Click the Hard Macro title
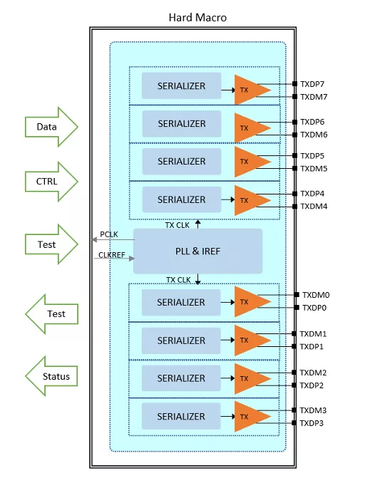pyautogui.click(x=197, y=18)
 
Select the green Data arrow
pyautogui.click(x=51, y=127)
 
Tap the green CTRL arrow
pyautogui.click(x=51, y=182)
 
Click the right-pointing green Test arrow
pyautogui.click(x=51, y=244)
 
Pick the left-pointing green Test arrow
pyautogui.click(x=51, y=314)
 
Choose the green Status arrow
pyautogui.click(x=51, y=376)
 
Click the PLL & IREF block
pyautogui.click(x=197, y=251)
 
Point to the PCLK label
pyautogui.click(x=109, y=234)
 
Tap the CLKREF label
pyautogui.click(x=112, y=255)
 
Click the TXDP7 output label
pyautogui.click(x=312, y=84)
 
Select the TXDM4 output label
pyautogui.click(x=314, y=207)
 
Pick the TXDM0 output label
pyautogui.click(x=316, y=295)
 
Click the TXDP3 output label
pyautogui.click(x=312, y=423)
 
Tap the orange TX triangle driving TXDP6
pyautogui.click(x=250, y=128)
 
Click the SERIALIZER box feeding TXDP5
pyautogui.click(x=182, y=162)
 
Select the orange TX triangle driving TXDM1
pyautogui.click(x=250, y=341)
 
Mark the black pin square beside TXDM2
pyautogui.click(x=294, y=373)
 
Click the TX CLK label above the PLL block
pyautogui.click(x=178, y=226)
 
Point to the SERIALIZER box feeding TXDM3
pyautogui.click(x=181, y=416)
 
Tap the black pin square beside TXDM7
pyautogui.click(x=295, y=97)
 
